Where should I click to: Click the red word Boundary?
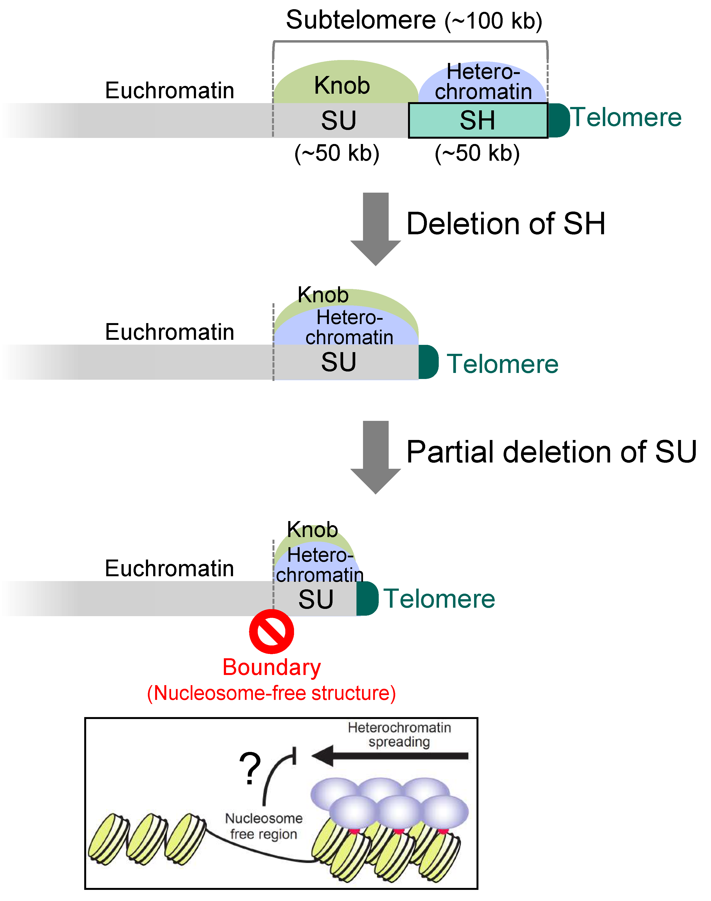272,667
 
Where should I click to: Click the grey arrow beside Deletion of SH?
376,227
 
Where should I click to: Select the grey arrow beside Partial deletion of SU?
376,455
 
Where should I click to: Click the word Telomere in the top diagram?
626,117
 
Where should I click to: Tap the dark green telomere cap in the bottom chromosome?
367,599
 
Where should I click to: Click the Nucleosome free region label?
264,826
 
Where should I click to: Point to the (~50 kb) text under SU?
337,153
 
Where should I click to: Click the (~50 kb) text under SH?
477,153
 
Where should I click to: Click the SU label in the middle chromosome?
338,362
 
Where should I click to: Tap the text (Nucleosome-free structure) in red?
272,694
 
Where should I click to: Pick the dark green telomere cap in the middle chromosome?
428,362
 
